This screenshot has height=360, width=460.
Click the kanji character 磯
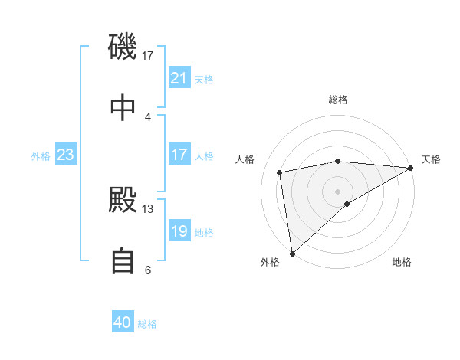coord(123,47)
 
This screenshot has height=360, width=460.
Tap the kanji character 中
coord(123,108)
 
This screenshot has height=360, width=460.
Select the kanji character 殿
coord(123,200)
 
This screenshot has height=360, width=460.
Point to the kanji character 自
coord(123,261)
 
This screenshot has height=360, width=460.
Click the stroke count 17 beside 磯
coord(148,55)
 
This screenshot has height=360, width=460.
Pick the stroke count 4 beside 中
coord(148,116)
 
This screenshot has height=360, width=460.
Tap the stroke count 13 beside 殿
coord(148,208)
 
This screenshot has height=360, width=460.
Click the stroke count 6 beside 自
coord(148,270)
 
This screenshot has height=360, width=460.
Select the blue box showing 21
coord(179,78)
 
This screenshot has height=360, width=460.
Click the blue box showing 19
coord(179,231)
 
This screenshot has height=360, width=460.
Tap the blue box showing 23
coord(66,155)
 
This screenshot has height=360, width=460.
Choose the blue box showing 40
coord(123,322)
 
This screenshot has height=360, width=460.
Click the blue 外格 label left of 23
coord(41,155)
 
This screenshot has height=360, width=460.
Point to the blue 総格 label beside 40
coord(147,323)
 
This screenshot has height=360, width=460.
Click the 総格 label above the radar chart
coord(338,100)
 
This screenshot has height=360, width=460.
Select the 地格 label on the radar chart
coord(402,262)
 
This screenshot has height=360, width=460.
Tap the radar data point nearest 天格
coord(411,168)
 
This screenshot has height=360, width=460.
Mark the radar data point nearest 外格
coord(291,253)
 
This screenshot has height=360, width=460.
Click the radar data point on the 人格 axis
coord(280,172)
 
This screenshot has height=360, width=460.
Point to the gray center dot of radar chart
coord(338,191)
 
